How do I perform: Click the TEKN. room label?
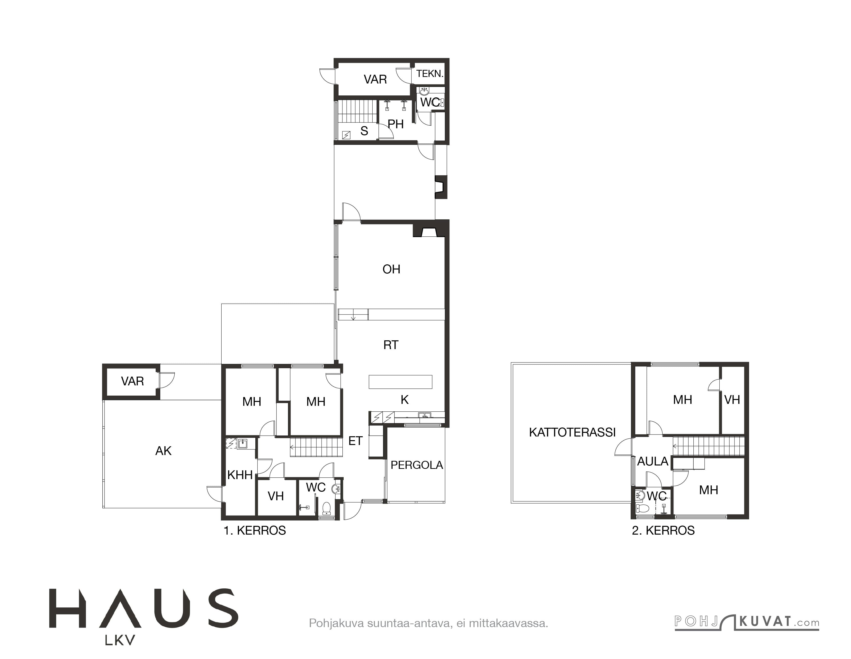pyautogui.click(x=430, y=74)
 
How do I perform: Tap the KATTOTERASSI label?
pyautogui.click(x=572, y=432)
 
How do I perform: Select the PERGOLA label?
pyautogui.click(x=417, y=465)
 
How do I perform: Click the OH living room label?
pyautogui.click(x=391, y=269)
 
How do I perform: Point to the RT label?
pyautogui.click(x=391, y=345)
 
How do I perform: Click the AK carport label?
pyautogui.click(x=163, y=451)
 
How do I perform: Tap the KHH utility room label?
pyautogui.click(x=240, y=475)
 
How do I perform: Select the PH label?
pyautogui.click(x=395, y=124)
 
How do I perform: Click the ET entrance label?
pyautogui.click(x=355, y=441)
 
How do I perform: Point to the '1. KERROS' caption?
pyautogui.click(x=254, y=530)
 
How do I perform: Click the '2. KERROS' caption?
pyautogui.click(x=663, y=530)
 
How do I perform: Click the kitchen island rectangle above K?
pyautogui.click(x=401, y=382)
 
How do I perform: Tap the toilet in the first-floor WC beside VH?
pyautogui.click(x=327, y=508)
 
